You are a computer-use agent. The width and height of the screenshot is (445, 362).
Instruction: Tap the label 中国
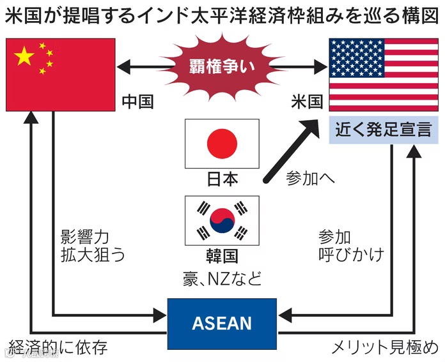(x=138, y=102)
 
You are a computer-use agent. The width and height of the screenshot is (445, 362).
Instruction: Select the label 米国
(x=306, y=102)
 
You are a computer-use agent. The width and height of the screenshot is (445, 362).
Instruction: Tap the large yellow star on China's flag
(x=25, y=57)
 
